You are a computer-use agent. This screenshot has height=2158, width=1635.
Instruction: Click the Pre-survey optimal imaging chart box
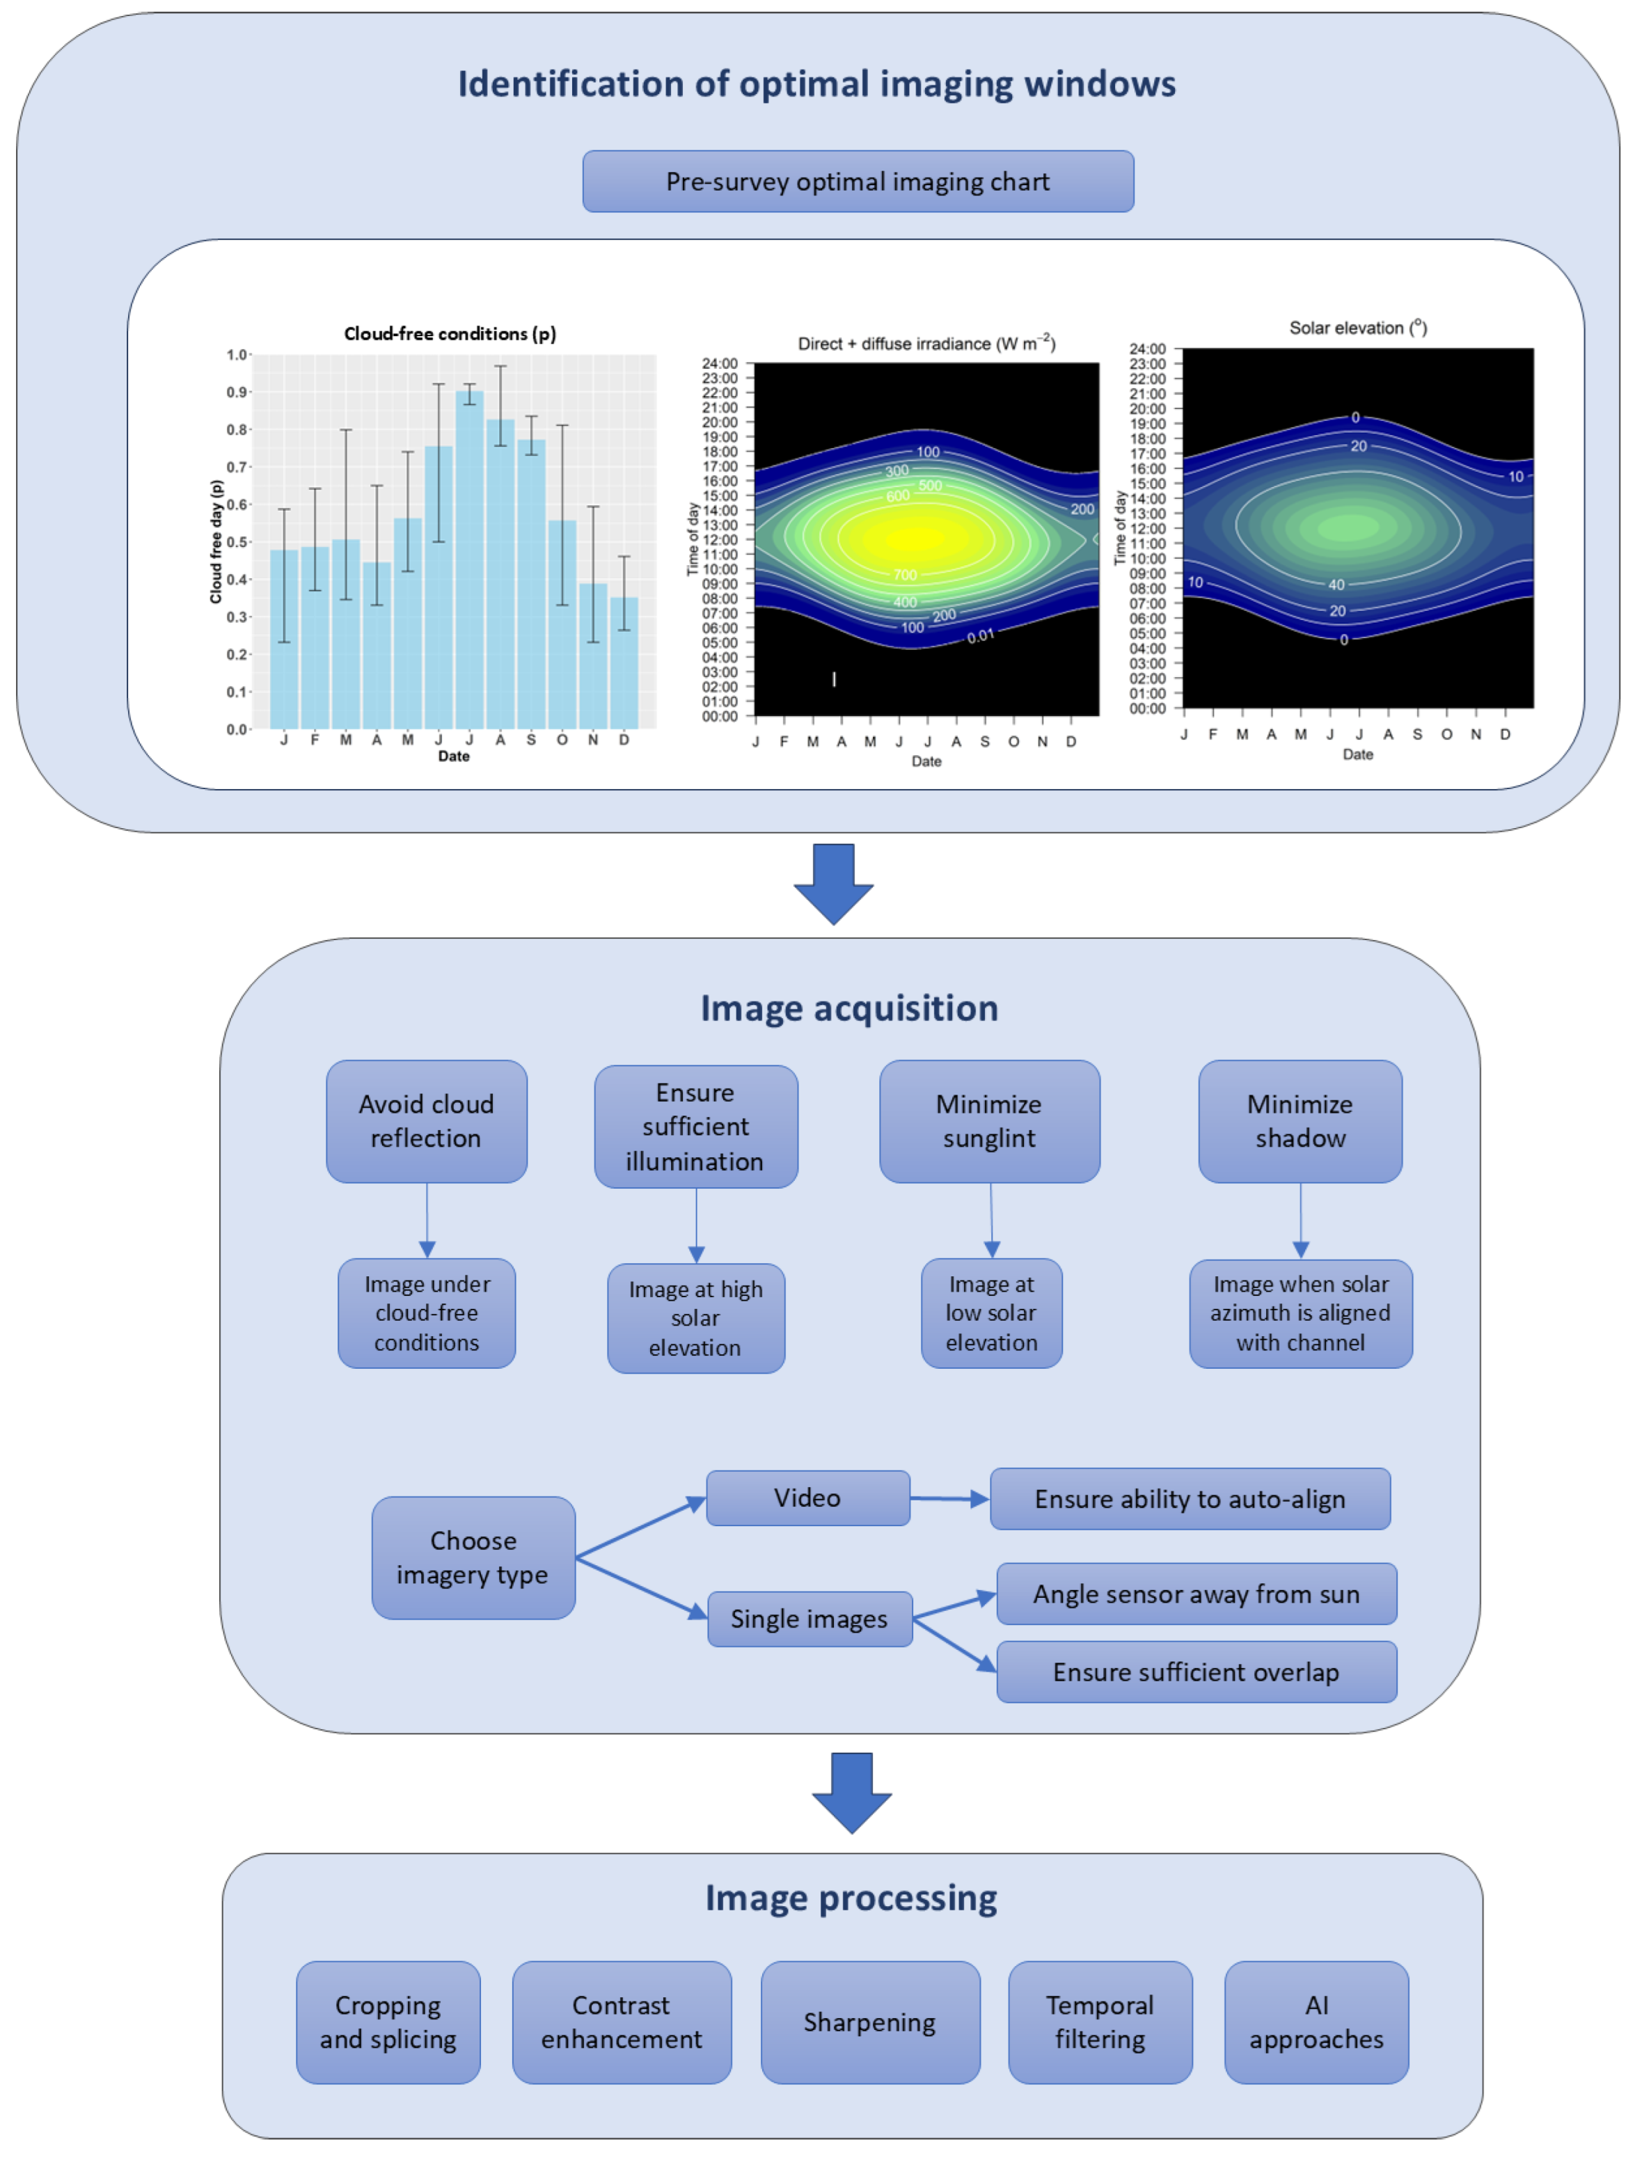[x=857, y=182]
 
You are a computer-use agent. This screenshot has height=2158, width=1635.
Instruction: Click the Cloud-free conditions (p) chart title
[x=450, y=333]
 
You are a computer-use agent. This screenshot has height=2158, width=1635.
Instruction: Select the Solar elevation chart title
[x=1357, y=328]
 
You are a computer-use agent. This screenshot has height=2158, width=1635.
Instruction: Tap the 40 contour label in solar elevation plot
[x=1336, y=585]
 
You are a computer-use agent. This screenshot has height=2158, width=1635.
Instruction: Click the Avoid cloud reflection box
[x=426, y=1121]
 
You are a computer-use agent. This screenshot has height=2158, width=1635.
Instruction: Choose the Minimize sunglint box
[x=988, y=1121]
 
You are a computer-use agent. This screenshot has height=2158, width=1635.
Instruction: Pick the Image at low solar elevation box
[x=991, y=1312]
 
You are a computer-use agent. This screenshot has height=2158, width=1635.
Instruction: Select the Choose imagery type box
[x=473, y=1557]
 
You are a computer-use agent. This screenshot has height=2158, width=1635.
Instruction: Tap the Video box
[x=807, y=1498]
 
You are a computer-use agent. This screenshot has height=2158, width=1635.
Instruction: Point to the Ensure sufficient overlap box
[x=1195, y=1672]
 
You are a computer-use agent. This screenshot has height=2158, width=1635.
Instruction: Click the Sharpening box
[x=869, y=2022]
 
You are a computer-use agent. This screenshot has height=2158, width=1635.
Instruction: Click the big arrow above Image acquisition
[x=833, y=883]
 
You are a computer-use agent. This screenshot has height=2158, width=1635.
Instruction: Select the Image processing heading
[x=851, y=1898]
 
